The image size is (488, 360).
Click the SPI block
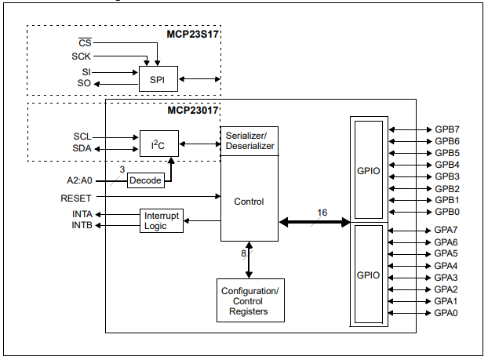point(158,78)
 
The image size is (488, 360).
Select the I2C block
point(159,143)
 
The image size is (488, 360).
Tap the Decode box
point(145,180)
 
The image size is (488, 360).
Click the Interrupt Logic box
point(162,220)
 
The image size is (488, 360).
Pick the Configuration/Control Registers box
point(249,301)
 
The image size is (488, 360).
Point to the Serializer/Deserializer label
point(249,140)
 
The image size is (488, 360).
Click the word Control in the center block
point(249,202)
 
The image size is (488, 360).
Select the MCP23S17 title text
point(192,35)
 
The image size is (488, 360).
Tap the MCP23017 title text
point(192,111)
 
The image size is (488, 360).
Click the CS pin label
point(86,42)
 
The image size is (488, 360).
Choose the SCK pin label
point(82,56)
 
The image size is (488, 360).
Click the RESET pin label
point(76,198)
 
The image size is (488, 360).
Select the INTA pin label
point(82,214)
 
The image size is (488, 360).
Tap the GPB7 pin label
point(446,129)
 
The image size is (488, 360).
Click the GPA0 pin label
point(446,313)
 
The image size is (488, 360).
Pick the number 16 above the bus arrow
point(322,213)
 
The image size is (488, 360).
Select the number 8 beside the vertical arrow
point(244,253)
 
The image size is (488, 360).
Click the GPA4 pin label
point(446,266)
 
